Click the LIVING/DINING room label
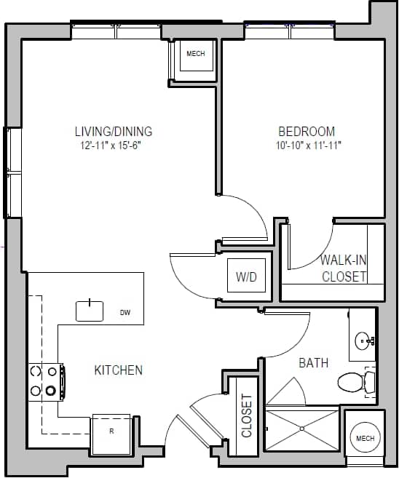[x=114, y=132]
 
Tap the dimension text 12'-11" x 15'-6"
[x=114, y=145]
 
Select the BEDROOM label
[x=307, y=132]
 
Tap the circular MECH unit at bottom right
[x=364, y=438]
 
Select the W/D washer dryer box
[x=246, y=277]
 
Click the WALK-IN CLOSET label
[x=344, y=268]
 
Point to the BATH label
[x=313, y=362]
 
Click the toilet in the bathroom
[x=356, y=381]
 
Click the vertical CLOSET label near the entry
[x=246, y=416]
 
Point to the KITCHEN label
[x=118, y=370]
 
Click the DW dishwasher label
[x=125, y=313]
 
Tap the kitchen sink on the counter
[x=90, y=310]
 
